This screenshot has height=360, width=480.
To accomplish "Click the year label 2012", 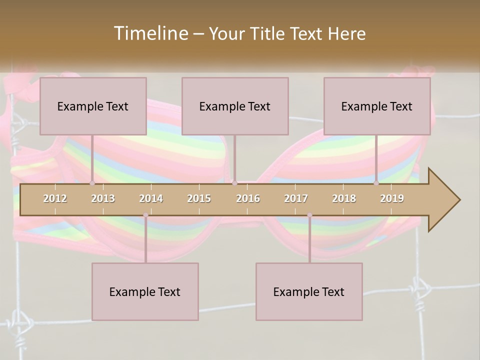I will [x=55, y=198].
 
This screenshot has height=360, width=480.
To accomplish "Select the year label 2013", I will [x=103, y=198].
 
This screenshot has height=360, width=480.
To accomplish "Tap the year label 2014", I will [x=151, y=198].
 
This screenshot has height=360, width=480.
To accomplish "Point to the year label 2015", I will [x=199, y=198].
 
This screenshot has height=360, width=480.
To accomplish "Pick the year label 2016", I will [x=248, y=198].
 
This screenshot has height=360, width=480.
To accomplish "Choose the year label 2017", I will [x=296, y=198].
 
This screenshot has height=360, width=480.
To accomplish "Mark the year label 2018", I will [x=344, y=198].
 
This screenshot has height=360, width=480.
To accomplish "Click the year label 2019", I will [x=392, y=198].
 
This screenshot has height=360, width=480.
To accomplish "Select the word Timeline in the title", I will [x=150, y=33].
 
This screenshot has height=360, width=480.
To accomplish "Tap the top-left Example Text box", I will [x=93, y=106].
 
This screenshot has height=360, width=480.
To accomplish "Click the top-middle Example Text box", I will [x=235, y=106].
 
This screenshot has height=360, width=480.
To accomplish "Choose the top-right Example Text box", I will [x=377, y=106].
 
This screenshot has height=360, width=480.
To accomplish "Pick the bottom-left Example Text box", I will [x=145, y=291].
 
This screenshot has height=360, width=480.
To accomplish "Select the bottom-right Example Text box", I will [x=309, y=291].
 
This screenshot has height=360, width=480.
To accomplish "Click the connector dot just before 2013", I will [x=92, y=183].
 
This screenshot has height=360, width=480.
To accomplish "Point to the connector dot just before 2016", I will [x=234, y=183].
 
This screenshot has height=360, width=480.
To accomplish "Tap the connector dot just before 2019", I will [x=376, y=183].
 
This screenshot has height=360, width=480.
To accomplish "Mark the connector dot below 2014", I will [x=145, y=215].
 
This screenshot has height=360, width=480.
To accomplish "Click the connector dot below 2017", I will [x=309, y=215].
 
